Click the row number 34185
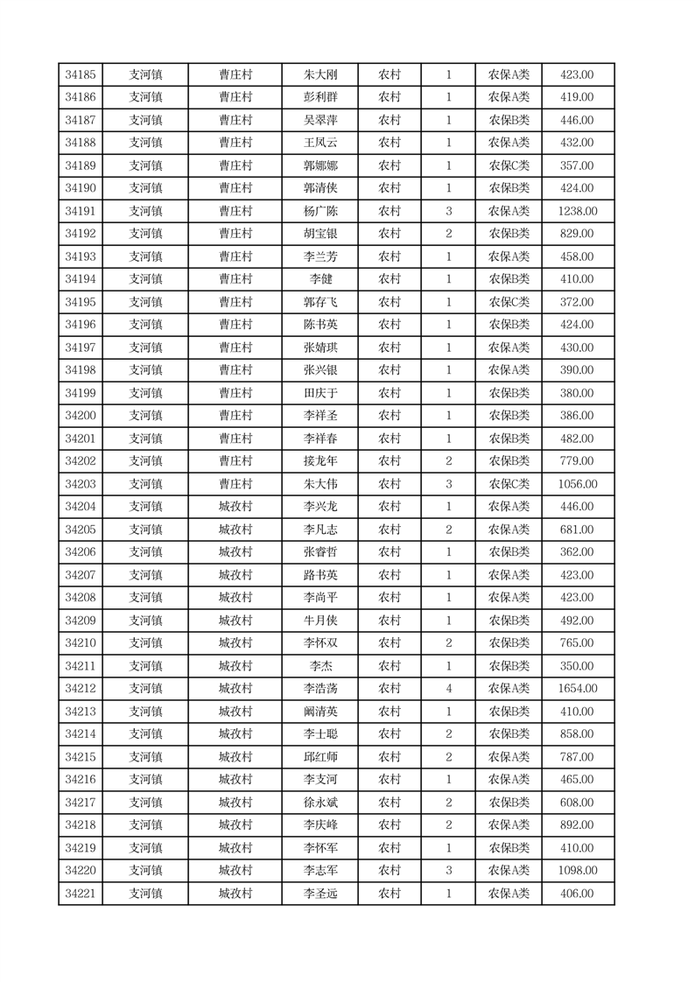click(81, 75)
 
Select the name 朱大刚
click(320, 75)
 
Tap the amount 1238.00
click(577, 211)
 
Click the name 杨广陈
click(320, 211)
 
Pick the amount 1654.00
click(577, 689)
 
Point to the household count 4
click(448, 689)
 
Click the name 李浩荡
click(320, 689)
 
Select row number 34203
click(81, 484)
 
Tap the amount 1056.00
click(577, 484)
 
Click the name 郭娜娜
click(320, 165)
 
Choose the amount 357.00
click(577, 165)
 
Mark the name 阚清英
click(320, 712)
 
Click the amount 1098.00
click(577, 871)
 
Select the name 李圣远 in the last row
click(320, 894)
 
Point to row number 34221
click(81, 894)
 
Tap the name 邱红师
click(320, 757)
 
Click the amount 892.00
click(577, 825)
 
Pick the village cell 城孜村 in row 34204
click(235, 507)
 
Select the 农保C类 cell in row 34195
click(509, 302)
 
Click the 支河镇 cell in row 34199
click(145, 393)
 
